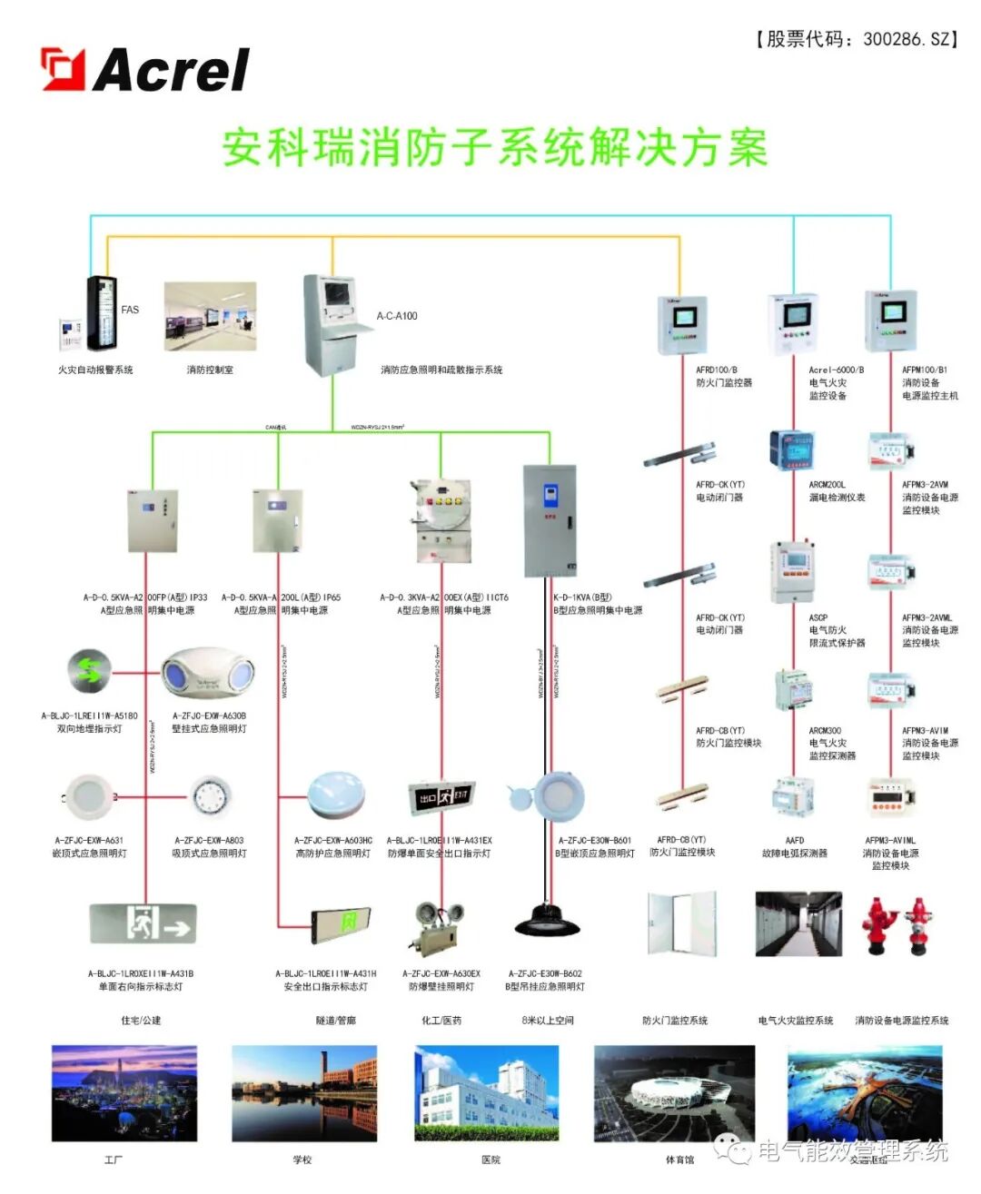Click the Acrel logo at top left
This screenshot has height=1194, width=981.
point(145,70)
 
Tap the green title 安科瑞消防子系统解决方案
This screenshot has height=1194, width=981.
point(495,148)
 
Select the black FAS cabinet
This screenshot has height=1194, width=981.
point(101,312)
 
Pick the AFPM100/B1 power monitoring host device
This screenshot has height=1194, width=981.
point(890,321)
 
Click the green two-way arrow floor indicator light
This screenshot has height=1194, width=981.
point(89,672)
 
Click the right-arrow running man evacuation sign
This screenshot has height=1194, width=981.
point(144,924)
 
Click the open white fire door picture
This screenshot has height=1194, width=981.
point(681,923)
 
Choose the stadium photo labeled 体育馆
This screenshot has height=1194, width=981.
point(674,1093)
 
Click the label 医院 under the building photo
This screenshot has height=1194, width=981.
point(490,1160)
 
